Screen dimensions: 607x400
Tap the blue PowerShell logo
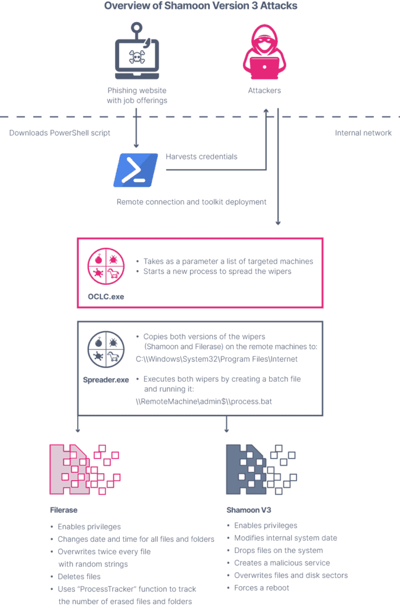click(x=136, y=170)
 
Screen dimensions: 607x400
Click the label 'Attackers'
click(x=264, y=91)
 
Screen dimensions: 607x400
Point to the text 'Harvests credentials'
click(x=201, y=156)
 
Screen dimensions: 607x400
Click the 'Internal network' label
click(x=363, y=133)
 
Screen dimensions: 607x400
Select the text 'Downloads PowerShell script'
click(x=59, y=133)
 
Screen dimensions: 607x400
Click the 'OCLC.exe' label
click(x=106, y=296)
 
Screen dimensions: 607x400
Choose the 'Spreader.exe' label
click(x=106, y=380)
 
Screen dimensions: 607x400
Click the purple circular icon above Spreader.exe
click(x=106, y=349)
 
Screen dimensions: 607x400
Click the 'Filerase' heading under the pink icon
click(x=64, y=510)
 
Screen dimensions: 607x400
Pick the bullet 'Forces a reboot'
click(x=261, y=587)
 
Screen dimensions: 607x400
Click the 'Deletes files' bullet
click(x=79, y=576)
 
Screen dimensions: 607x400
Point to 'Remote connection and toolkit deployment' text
click(x=191, y=202)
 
